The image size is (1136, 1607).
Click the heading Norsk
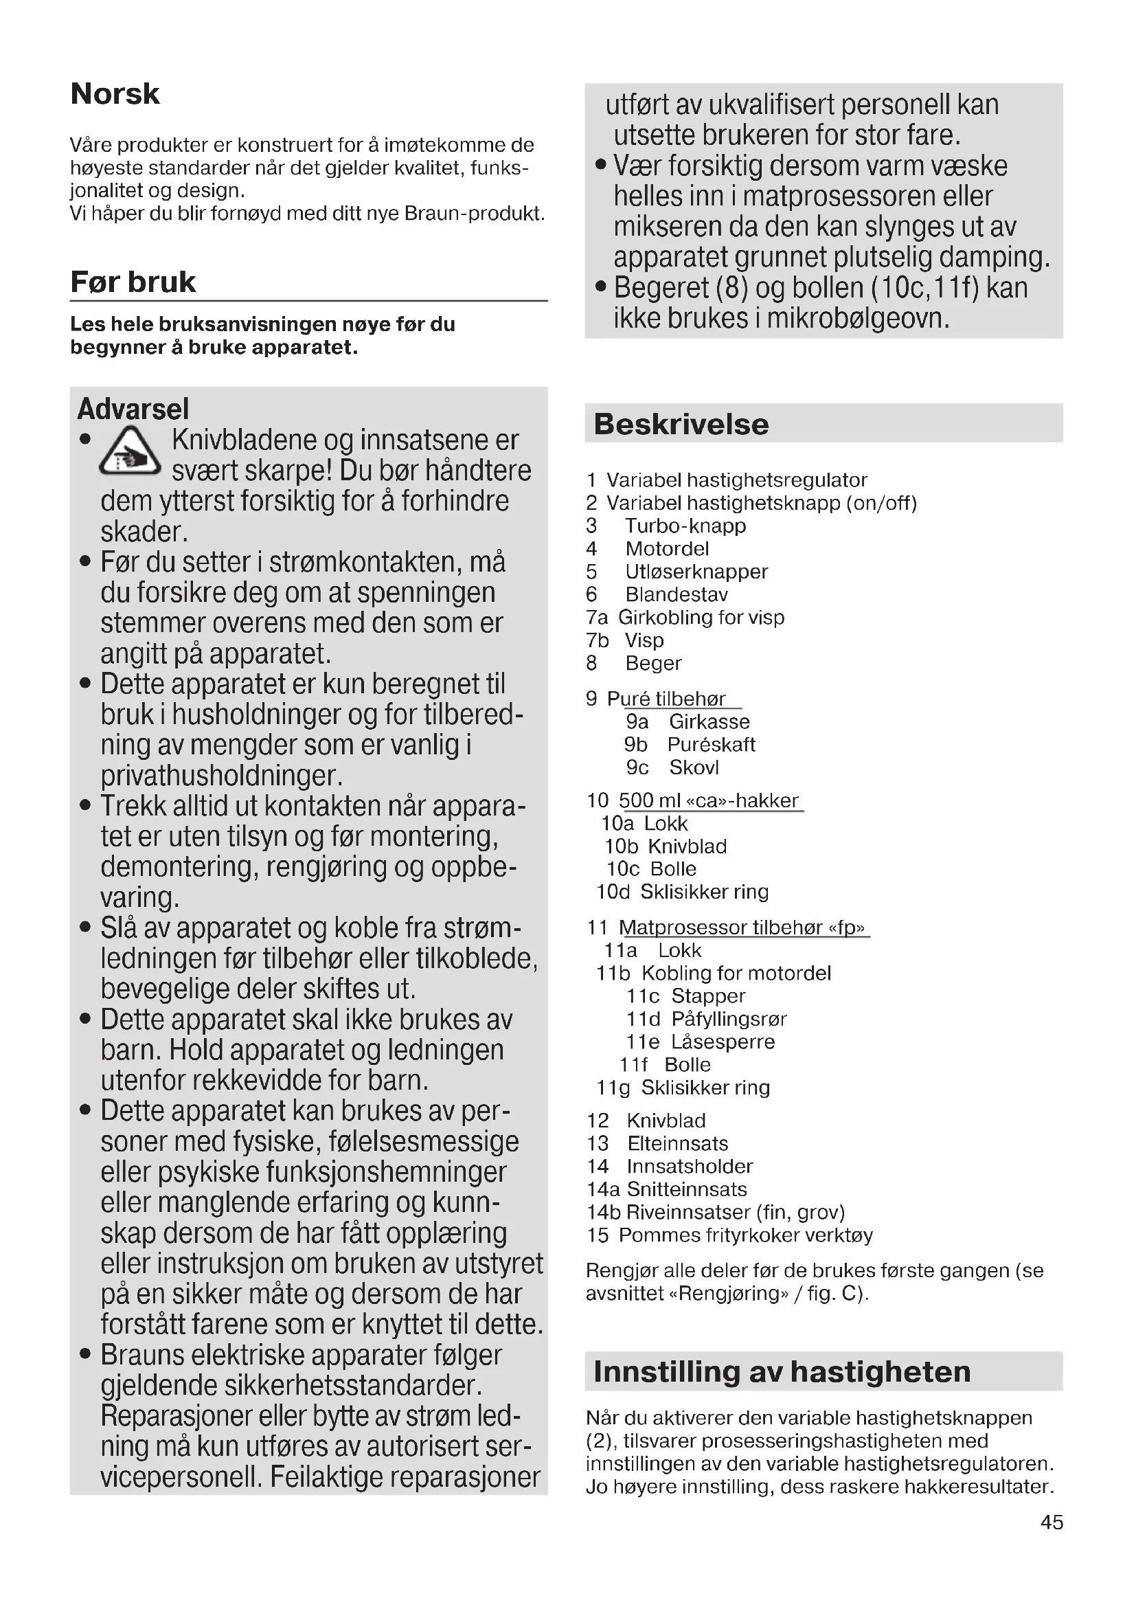[115, 94]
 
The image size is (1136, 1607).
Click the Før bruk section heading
[133, 282]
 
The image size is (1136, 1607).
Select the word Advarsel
[133, 409]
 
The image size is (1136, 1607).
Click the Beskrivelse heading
[681, 424]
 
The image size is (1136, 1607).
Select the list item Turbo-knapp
[685, 526]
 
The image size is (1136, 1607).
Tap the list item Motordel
[667, 549]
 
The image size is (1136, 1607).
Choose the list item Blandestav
[677, 594]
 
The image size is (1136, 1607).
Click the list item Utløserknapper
[696, 572]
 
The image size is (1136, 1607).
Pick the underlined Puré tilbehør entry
[666, 699]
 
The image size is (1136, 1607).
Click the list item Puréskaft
[711, 744]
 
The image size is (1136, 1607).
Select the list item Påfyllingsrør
[729, 1019]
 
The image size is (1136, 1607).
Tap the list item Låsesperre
[723, 1042]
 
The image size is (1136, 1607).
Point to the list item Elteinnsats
[677, 1144]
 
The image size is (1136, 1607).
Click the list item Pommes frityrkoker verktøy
[745, 1235]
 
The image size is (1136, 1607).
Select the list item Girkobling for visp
[701, 618]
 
